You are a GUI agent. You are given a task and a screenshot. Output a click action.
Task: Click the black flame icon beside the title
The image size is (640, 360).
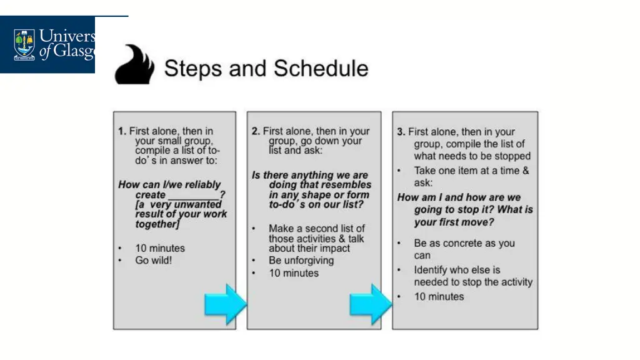pyautogui.click(x=135, y=64)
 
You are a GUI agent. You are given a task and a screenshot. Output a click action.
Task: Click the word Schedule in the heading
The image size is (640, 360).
pyautogui.click(x=320, y=68)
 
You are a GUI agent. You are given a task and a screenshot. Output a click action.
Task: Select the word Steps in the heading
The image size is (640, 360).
pyautogui.click(x=192, y=68)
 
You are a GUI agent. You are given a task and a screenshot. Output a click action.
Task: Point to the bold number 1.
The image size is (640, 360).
pyautogui.click(x=122, y=131)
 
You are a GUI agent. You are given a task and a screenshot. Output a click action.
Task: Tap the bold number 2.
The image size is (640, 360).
pyautogui.click(x=256, y=131)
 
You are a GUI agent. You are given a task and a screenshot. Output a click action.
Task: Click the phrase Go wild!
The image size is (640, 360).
pyautogui.click(x=153, y=260)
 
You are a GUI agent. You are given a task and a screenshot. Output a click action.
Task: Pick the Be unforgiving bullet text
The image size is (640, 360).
pyautogui.click(x=301, y=260)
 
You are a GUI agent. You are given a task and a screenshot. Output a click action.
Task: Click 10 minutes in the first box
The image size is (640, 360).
pyautogui.click(x=160, y=248)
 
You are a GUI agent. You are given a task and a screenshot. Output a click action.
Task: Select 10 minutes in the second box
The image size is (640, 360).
pyautogui.click(x=294, y=273)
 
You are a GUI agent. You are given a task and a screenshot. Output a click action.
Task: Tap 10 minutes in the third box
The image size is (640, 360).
pyautogui.click(x=439, y=297)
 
